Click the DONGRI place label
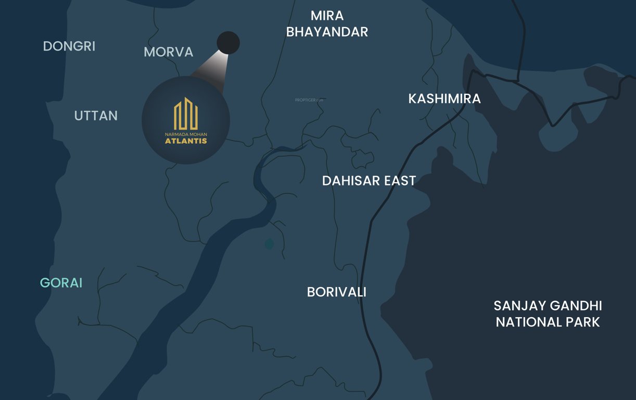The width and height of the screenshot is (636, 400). point(69,46)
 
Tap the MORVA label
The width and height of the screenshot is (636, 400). point(168,52)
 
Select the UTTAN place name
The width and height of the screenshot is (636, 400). point(96,116)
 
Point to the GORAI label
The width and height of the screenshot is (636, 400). point(61,283)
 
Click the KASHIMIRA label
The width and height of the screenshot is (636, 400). point(444,98)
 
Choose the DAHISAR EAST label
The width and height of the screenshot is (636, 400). point(369,181)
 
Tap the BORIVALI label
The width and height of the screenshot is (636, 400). point(337,292)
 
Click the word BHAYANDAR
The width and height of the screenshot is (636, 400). point(327,32)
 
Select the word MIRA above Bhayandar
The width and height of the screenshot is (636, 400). point(327,16)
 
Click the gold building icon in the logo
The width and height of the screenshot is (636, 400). point(186,114)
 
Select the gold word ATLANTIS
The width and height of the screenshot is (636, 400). point(186,141)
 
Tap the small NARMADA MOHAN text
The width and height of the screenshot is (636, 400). point(186,134)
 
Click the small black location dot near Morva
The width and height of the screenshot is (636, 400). point(228,43)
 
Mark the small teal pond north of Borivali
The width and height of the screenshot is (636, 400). point(269,243)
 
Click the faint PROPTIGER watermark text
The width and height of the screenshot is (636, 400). point(309,99)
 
